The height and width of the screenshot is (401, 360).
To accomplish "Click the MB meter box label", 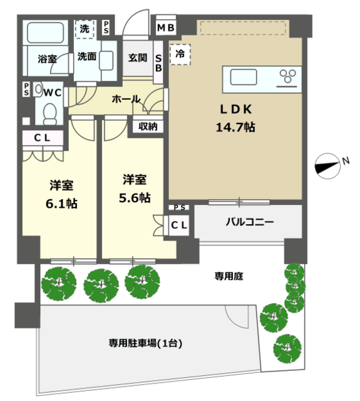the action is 165,28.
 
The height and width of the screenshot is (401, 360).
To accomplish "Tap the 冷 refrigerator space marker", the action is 180,55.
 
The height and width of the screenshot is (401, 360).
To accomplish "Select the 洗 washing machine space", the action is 85,29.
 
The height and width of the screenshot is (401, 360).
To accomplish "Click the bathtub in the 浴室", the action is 45,33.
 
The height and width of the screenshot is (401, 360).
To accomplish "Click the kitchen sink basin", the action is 244,77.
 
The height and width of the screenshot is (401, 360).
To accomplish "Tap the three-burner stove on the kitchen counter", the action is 288,76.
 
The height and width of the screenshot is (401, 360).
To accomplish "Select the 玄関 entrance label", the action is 138,58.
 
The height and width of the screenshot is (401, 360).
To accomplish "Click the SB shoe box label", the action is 158,63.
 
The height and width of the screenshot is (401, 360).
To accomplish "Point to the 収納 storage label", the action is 148,127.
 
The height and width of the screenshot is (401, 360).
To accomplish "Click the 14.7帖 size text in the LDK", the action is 235,127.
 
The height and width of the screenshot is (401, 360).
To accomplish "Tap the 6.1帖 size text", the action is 61,204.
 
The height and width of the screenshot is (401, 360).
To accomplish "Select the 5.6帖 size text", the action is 135,198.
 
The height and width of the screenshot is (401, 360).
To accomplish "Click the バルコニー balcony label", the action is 250,222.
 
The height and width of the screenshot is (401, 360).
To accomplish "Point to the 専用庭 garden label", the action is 229,276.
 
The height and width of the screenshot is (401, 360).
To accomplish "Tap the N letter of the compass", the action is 346,161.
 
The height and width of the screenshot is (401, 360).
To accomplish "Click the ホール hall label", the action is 126,99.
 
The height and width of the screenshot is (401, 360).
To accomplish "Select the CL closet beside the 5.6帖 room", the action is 179,226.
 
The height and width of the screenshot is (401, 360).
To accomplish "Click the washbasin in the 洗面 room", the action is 106,61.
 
